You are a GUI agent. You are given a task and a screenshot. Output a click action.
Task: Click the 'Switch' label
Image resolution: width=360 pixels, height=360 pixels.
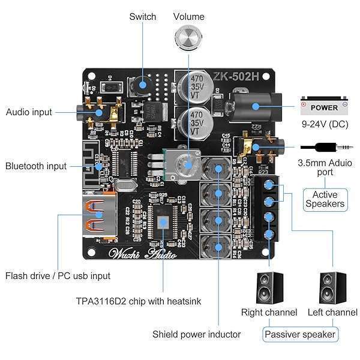143,17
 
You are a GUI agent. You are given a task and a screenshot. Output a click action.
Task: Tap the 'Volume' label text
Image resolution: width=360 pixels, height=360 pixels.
188,17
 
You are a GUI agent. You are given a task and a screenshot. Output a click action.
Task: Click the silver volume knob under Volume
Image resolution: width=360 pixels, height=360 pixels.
188,38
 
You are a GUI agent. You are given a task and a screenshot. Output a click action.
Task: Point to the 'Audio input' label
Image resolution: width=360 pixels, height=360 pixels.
29,112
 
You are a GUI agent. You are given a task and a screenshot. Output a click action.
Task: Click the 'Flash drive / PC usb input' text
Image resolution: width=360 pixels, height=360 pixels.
58,276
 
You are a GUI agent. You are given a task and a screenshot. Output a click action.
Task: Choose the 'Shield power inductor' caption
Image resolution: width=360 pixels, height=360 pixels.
196,334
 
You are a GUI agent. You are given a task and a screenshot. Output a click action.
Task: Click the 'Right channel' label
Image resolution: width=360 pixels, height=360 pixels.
269,312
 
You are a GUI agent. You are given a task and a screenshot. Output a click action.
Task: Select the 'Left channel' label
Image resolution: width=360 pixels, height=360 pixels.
332,312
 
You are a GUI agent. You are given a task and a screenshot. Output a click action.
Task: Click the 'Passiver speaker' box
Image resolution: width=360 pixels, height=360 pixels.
300,334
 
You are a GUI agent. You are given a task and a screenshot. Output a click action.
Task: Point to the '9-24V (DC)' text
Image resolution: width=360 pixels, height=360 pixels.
325,125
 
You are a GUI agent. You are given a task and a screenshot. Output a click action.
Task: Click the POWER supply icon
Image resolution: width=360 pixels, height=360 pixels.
324,107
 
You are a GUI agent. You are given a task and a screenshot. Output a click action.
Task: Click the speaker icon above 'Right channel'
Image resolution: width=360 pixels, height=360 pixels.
269,288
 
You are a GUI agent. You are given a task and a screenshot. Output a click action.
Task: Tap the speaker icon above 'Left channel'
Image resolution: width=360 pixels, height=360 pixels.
332,288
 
